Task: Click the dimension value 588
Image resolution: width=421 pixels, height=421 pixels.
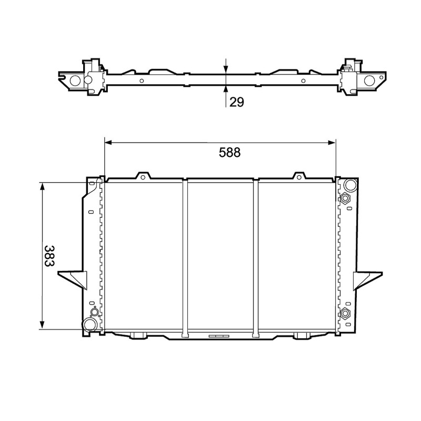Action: point(229,153)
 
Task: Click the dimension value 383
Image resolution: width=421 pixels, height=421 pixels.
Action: point(49,256)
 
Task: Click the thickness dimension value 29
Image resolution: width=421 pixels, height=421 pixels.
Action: point(236,102)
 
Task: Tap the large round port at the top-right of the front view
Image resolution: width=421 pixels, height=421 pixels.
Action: point(350,185)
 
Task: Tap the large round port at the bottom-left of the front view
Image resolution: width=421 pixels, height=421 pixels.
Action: point(89,324)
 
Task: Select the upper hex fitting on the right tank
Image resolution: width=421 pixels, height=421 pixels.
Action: point(345,198)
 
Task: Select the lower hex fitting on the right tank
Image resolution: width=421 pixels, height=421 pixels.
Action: point(345,314)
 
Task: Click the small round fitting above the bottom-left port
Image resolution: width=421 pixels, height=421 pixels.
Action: point(95,312)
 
